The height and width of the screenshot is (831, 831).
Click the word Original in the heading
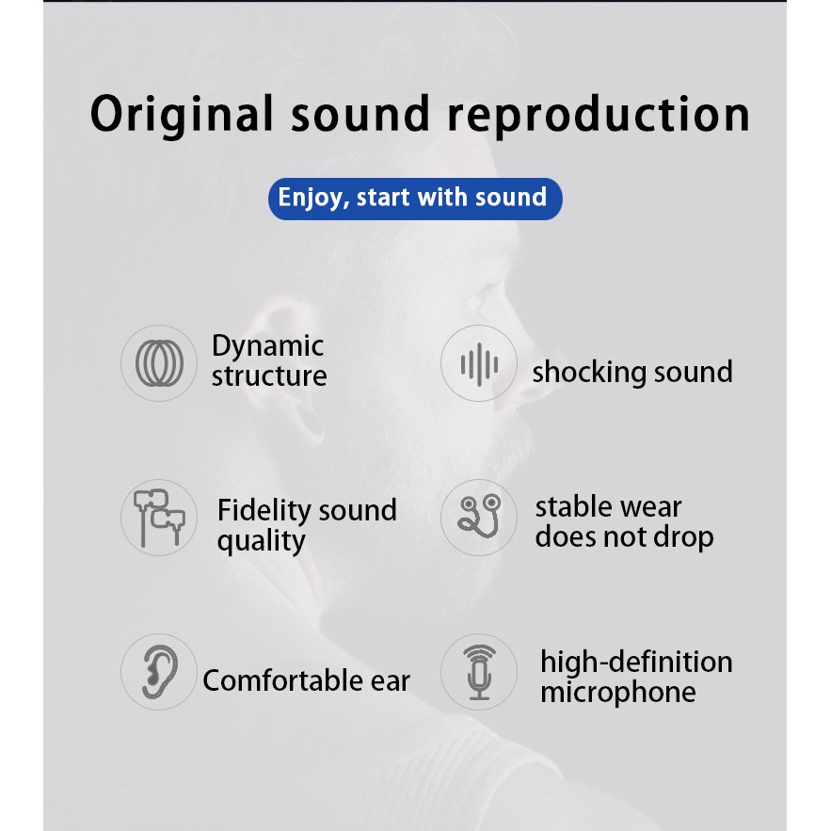[182, 114]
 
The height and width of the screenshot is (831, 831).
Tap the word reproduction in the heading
[598, 114]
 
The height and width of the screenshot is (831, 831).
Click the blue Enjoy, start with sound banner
[414, 198]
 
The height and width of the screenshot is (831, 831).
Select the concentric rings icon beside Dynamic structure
[159, 362]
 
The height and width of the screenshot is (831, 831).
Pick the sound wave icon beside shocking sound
[479, 363]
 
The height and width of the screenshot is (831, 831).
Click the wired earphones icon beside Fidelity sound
[159, 517]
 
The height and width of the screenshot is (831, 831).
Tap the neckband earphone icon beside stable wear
[479, 518]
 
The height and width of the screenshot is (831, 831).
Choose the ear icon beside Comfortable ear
[159, 672]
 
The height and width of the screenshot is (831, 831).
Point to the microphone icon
[479, 672]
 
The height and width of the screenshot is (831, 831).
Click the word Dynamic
[267, 346]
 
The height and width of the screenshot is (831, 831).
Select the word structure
[269, 376]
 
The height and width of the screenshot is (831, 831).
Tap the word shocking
[581, 373]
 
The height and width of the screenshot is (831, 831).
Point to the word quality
[261, 541]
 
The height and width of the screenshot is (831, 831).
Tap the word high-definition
[635, 662]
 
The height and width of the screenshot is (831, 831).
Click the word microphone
[617, 693]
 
